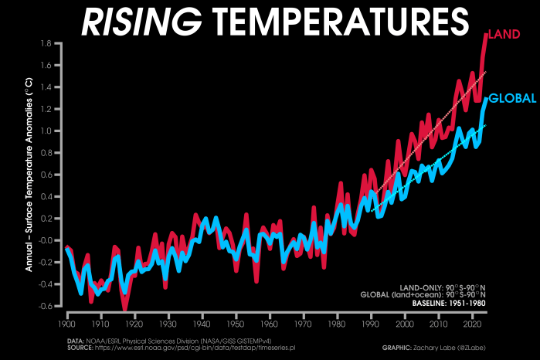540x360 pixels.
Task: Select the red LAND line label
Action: coord(504,34)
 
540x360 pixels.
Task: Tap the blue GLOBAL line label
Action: coord(512,99)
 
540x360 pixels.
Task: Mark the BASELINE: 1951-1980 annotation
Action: coord(448,302)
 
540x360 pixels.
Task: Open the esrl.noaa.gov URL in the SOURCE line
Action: coord(185,347)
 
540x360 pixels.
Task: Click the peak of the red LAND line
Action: coord(487,34)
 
